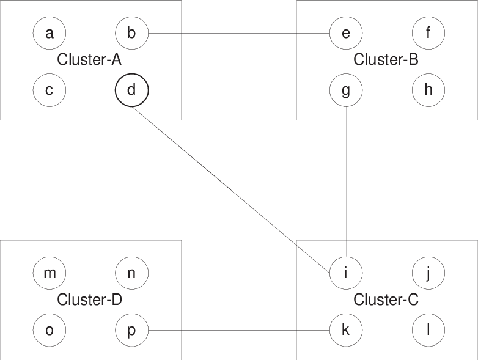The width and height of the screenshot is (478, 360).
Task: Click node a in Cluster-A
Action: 49,33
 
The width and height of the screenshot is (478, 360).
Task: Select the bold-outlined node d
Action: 131,90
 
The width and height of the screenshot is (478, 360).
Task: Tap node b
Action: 131,33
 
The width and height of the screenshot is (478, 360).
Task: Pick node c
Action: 49,90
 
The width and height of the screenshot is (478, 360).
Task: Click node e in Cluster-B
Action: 346,33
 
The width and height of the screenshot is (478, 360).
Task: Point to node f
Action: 428,33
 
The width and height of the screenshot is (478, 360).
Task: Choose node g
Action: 346,90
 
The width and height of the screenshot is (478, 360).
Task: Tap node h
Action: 428,90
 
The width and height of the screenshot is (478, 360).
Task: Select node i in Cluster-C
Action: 346,273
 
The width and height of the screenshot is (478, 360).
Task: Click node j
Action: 428,273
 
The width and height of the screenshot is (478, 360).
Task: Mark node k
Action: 346,330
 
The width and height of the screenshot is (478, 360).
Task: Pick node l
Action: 428,330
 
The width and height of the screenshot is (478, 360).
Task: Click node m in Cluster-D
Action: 49,273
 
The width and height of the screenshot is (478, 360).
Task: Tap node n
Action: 131,273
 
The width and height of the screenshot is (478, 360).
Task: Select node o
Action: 49,330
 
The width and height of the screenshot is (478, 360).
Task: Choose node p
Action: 131,330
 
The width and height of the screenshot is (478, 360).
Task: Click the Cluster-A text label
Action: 89,60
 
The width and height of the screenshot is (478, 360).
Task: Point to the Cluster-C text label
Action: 386,300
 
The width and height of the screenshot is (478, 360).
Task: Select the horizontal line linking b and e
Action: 238,33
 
